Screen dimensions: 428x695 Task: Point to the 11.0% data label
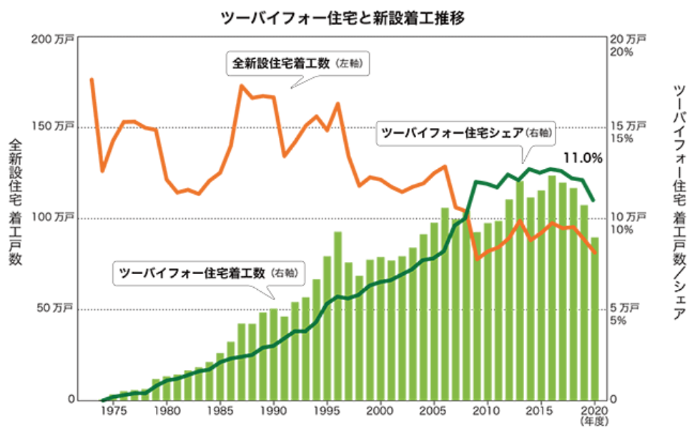tap(583, 157)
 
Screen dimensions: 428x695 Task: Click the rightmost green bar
tap(593, 318)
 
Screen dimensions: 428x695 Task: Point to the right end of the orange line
tap(596, 252)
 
